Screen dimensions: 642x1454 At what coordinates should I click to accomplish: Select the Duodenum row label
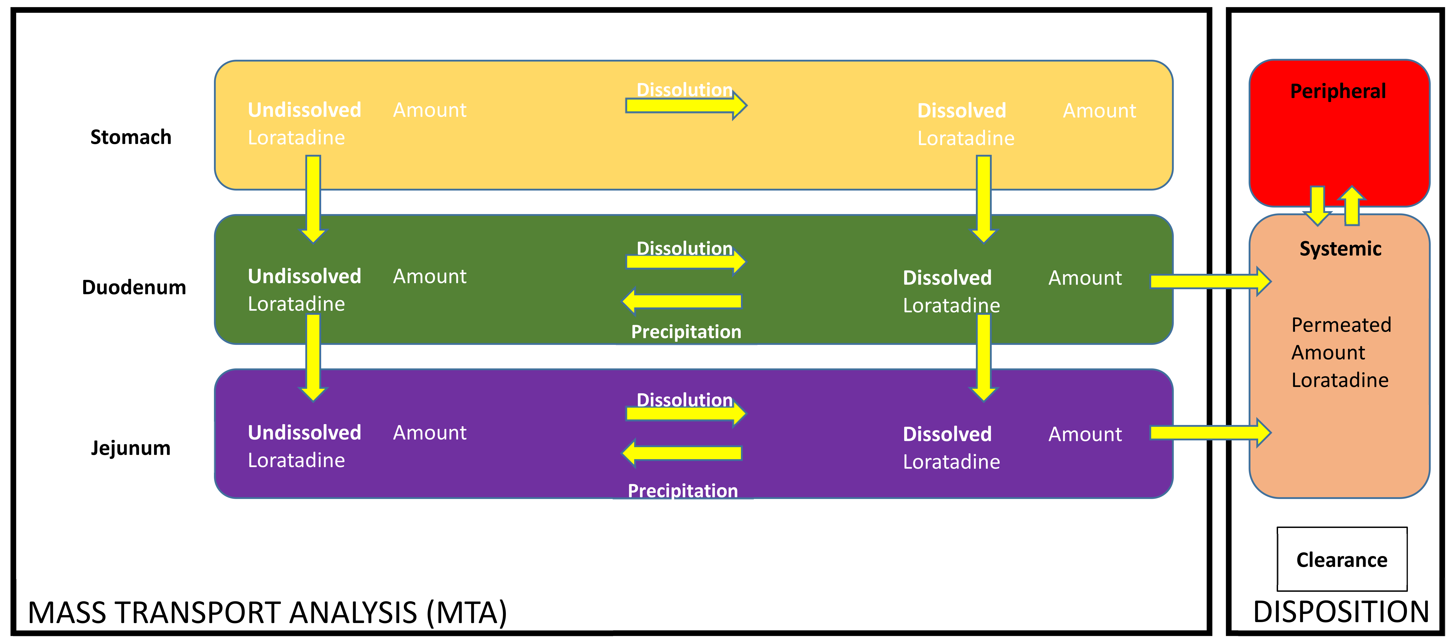134,287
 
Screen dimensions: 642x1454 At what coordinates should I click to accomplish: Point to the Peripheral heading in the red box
1338,91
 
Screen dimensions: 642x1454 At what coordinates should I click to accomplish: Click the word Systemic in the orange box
1340,248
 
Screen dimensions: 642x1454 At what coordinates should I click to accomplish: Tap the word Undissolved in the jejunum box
304,432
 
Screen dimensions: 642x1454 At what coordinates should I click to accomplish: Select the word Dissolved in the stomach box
961,111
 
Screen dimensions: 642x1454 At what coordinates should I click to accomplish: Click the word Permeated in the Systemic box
1341,325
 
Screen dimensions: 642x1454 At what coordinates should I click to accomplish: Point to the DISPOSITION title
1340,612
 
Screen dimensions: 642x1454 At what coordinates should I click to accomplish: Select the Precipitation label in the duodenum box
686,332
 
